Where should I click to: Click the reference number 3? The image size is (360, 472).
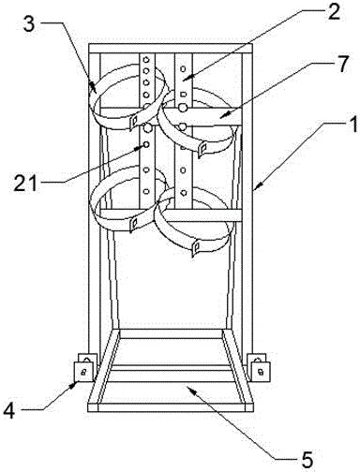[x=29, y=24]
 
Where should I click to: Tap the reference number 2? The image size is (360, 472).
[x=333, y=12]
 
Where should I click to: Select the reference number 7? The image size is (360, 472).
[x=342, y=64]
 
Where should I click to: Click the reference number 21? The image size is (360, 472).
[x=25, y=183]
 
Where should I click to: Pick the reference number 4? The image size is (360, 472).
[x=9, y=410]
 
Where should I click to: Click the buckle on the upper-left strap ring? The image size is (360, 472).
[x=133, y=121]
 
